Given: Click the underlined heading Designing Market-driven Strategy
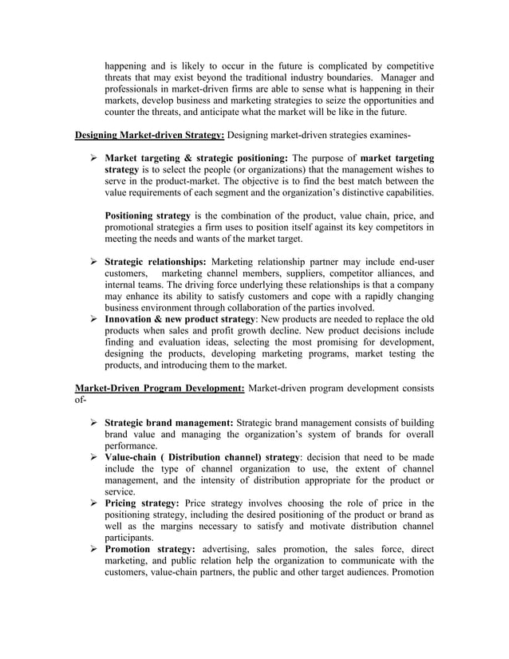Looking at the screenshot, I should [x=149, y=133].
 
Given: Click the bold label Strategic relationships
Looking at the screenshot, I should [x=156, y=261].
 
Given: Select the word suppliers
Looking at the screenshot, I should [x=292, y=273].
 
